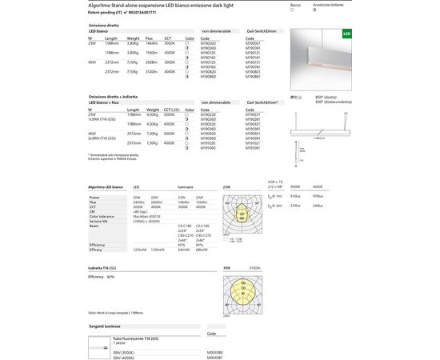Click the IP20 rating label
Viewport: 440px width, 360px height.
pos(293,97)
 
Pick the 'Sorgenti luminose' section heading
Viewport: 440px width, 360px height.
pos(105,326)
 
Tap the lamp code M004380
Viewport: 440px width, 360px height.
pos(215,351)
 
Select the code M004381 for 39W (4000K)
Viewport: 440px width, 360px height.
pos(215,357)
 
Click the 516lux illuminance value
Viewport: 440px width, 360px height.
pos(294,196)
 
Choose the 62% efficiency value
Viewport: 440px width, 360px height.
pos(110,275)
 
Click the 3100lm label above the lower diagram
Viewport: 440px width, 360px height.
pos(254,267)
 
